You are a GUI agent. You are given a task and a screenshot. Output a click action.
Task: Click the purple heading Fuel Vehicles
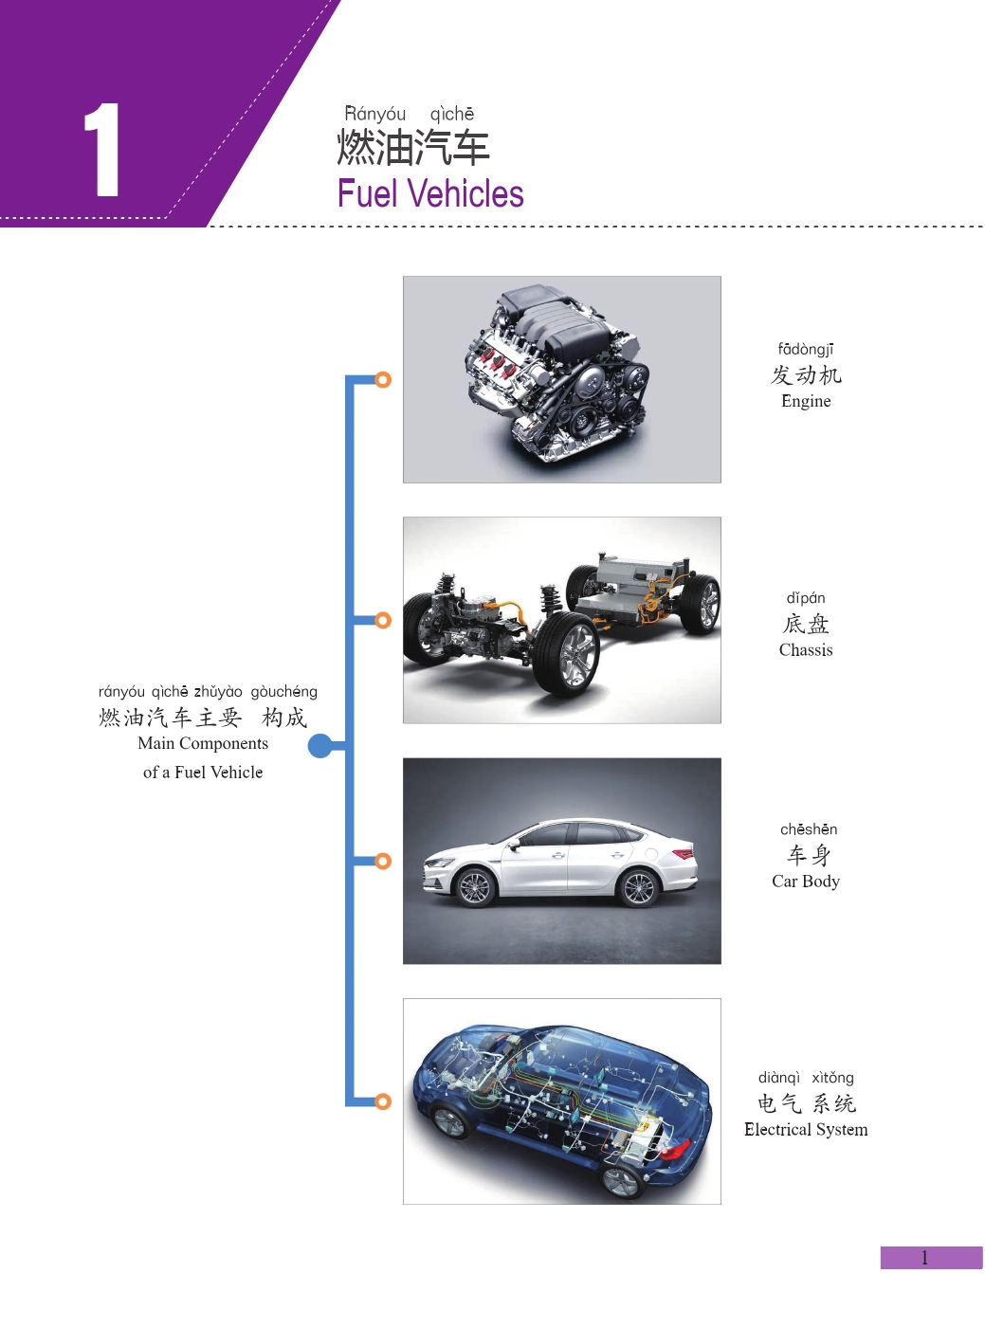[x=430, y=194]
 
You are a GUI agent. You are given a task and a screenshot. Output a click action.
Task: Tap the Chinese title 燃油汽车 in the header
[x=413, y=148]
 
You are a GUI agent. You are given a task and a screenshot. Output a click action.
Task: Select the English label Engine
[x=806, y=401]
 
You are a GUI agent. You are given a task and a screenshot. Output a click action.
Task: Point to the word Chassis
[x=806, y=650]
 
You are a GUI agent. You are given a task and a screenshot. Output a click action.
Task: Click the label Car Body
[x=806, y=882]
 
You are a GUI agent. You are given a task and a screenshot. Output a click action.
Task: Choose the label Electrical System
[x=806, y=1130]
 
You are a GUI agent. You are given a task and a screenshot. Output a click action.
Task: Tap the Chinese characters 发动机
[x=806, y=375]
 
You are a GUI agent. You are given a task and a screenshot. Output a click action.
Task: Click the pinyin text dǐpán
[x=806, y=598]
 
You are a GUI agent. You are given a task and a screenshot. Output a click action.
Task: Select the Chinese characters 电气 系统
[x=806, y=1103]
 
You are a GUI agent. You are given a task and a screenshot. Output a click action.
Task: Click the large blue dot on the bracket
[x=321, y=746]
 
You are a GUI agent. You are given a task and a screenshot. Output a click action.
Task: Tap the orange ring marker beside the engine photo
[x=383, y=380]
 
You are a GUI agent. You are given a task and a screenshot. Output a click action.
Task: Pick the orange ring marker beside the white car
[x=383, y=861]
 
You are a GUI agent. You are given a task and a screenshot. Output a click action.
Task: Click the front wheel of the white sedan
[x=474, y=888]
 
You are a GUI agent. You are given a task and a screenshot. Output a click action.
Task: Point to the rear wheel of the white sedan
[x=638, y=888]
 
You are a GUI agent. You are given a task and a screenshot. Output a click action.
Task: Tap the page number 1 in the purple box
[x=925, y=1258]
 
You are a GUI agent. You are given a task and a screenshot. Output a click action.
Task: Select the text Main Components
[x=203, y=744]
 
